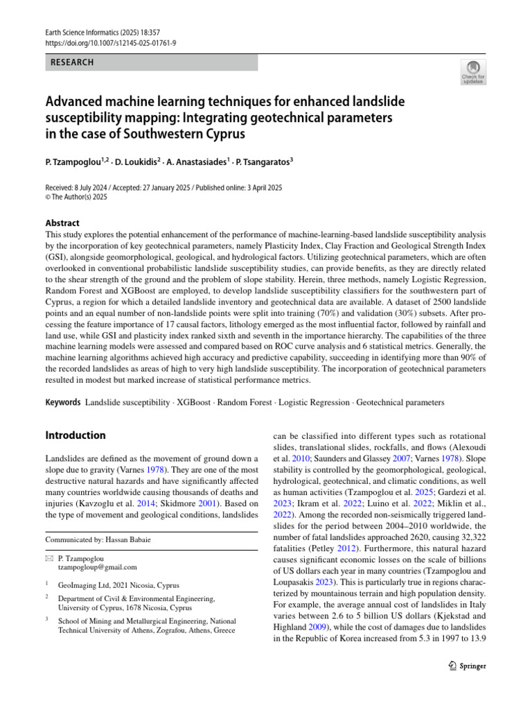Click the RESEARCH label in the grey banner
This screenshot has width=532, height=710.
click(73, 63)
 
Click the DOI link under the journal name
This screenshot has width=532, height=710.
click(110, 42)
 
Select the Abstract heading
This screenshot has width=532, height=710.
click(62, 223)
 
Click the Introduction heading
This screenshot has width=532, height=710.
click(76, 435)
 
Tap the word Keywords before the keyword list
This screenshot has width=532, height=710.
click(63, 402)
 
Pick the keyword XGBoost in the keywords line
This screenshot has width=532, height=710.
click(196, 402)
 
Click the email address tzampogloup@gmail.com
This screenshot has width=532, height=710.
click(98, 566)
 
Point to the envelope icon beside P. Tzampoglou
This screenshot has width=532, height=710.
click(48, 557)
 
